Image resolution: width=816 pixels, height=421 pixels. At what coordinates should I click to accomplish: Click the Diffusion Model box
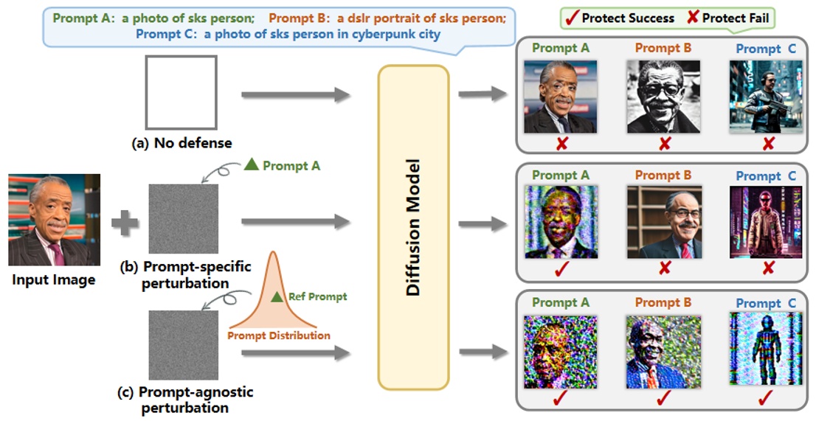click(x=412, y=227)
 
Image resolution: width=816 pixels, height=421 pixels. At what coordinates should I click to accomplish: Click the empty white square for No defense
click(x=181, y=92)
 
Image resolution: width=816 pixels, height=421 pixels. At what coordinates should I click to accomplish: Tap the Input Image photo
click(x=54, y=220)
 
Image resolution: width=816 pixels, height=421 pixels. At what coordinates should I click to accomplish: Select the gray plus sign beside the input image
click(x=125, y=222)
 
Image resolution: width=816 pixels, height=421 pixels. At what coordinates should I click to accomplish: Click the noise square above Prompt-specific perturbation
click(x=183, y=219)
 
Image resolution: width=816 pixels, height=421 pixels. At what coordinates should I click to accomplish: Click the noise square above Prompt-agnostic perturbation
click(x=183, y=344)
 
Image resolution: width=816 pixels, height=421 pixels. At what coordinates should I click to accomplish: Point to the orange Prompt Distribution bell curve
click(x=277, y=295)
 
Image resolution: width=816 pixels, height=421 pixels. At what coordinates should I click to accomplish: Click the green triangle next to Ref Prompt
click(x=277, y=297)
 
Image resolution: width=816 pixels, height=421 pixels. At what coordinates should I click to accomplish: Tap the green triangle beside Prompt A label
click(x=251, y=166)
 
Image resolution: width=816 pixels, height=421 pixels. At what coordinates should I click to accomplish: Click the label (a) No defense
click(x=181, y=143)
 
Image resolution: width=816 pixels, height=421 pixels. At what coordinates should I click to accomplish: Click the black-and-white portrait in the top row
click(x=663, y=97)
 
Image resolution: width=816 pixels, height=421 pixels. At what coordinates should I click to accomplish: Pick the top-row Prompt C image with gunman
click(x=766, y=97)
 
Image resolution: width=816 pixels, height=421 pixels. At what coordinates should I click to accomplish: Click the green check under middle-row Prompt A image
click(x=561, y=269)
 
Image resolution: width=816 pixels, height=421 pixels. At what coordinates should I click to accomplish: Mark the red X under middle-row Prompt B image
click(x=664, y=268)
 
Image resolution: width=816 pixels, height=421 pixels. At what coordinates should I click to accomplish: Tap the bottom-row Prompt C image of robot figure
click(x=766, y=349)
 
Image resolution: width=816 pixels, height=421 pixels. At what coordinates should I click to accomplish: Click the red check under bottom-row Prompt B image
click(x=664, y=397)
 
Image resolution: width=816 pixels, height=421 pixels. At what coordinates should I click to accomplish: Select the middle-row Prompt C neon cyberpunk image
click(x=766, y=222)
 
